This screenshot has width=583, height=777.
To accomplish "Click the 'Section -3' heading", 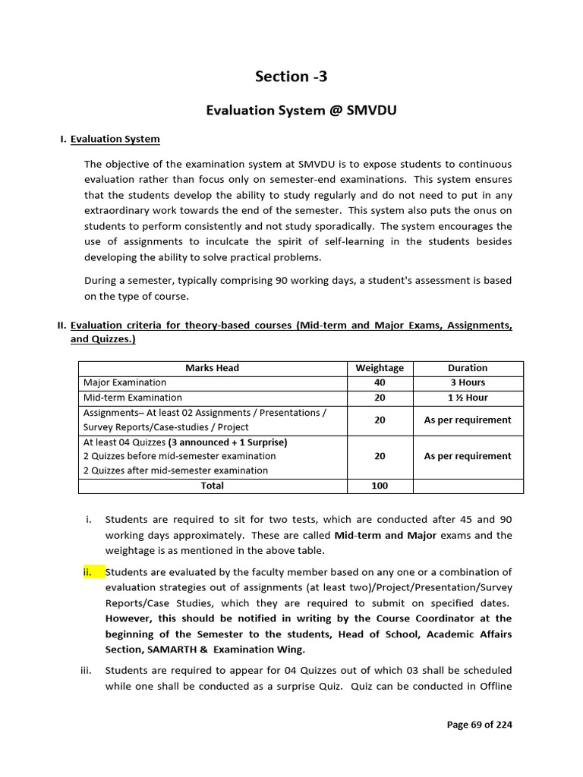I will point(291,76).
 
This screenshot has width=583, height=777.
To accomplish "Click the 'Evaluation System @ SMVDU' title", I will point(301,111).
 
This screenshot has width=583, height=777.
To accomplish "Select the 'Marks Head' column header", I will point(212,368).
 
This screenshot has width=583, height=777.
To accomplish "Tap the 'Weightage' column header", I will point(380,368).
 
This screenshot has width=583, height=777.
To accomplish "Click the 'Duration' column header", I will point(468,368).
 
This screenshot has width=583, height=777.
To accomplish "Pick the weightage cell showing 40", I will point(380,382).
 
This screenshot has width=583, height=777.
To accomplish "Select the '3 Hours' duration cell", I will point(468,382).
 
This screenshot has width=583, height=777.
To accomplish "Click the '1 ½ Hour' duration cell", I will point(468,398).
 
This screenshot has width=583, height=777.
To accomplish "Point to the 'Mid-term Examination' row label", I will point(132,398).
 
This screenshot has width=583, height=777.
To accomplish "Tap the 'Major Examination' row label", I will point(124,382).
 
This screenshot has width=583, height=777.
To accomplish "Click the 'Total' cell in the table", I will point(212,486).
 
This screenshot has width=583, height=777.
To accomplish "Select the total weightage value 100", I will point(380,486).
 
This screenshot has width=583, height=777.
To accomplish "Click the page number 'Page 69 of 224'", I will point(479,725).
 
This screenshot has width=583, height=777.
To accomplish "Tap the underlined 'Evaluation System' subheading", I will point(115,139).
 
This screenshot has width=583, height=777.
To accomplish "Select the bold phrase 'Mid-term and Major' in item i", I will point(385,535).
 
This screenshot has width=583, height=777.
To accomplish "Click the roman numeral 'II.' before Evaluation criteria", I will point(62,326).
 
